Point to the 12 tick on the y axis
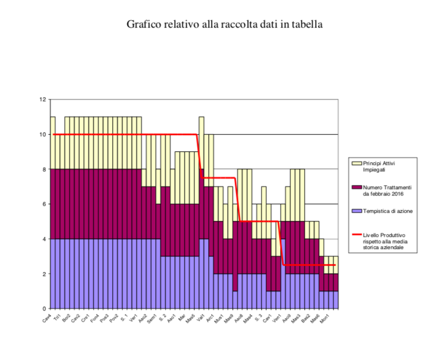(42, 99)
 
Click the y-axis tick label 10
(42, 135)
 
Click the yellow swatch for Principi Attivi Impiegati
(357, 164)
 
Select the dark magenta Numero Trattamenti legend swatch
(357, 187)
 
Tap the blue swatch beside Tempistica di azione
(357, 211)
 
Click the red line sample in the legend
(357, 235)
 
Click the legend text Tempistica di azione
(386, 211)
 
